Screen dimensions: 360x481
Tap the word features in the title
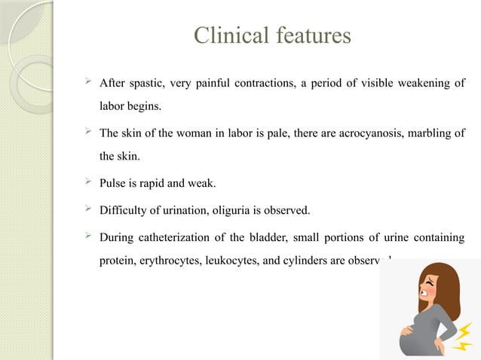(x=312, y=36)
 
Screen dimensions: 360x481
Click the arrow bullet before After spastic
(x=90, y=81)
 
